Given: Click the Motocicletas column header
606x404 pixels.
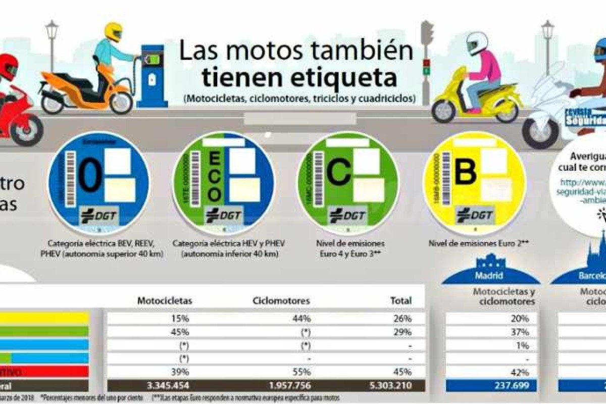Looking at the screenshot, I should (165, 300).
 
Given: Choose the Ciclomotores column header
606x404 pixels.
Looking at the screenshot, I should (281, 300).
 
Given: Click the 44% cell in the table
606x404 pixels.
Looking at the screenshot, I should (302, 319).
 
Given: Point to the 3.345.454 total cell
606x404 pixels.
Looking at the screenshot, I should (168, 386).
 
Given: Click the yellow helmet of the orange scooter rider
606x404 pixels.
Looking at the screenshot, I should (113, 32).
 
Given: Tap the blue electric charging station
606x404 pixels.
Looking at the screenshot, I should (152, 76).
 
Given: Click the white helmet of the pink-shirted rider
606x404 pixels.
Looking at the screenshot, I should (477, 43).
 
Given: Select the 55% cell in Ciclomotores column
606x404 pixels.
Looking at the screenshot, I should (302, 372).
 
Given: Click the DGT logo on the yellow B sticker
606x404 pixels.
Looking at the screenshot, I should (474, 216).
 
